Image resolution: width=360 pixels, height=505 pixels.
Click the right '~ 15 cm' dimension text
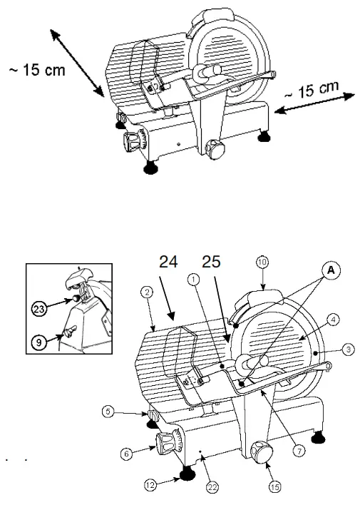(x=309, y=91)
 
